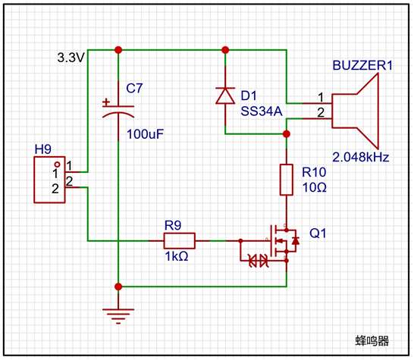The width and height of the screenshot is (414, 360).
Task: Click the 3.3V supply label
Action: [x=71, y=58]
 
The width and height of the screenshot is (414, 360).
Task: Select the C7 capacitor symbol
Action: [x=118, y=110]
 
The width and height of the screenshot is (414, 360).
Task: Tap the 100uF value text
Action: [x=146, y=134]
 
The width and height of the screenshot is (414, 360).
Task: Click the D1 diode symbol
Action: [x=225, y=95]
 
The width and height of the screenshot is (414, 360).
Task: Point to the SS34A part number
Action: [x=262, y=111]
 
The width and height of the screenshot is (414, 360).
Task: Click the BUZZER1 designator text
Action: [x=362, y=65]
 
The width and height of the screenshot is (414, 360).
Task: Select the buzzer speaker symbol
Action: [x=355, y=111]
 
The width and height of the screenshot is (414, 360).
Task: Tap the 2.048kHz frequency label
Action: [x=361, y=158]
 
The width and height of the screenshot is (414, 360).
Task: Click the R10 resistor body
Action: [x=287, y=180]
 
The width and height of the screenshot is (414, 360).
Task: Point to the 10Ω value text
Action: [x=315, y=187]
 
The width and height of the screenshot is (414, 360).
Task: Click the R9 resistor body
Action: [x=180, y=241]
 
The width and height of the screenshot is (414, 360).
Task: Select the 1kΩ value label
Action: [x=177, y=256]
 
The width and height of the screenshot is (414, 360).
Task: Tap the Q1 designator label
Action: [x=318, y=233]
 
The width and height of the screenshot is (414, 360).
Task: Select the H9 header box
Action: [x=49, y=180]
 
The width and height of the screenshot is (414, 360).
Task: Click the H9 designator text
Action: [x=43, y=149]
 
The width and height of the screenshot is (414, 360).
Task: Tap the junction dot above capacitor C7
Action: [x=118, y=50]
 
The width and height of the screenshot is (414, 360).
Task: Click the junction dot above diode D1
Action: [x=225, y=50]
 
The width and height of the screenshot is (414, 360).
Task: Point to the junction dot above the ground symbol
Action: [x=118, y=286]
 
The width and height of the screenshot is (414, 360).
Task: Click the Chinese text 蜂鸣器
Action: [x=372, y=341]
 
